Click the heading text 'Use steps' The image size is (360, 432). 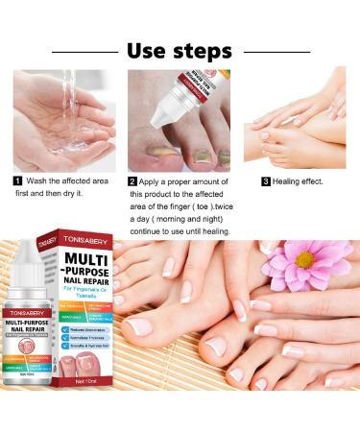180,49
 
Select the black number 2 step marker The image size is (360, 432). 132,180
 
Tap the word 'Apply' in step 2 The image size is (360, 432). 154,180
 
